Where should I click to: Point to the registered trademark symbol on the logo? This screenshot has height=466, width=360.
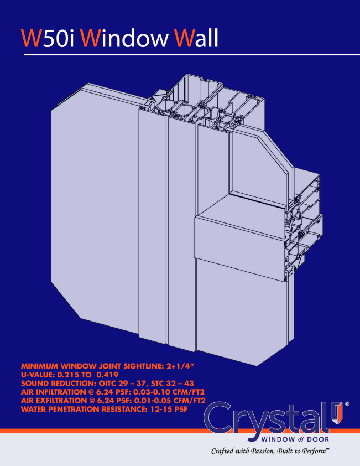pos(347,405)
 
